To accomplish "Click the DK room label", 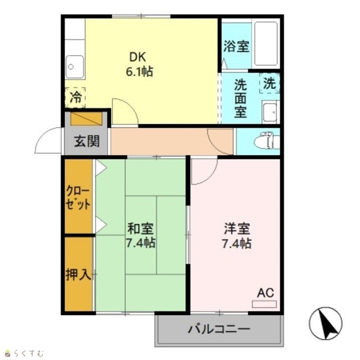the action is pyautogui.click(x=138, y=57).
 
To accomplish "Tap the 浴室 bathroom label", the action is pyautogui.click(x=236, y=46).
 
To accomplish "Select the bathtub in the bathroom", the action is pyautogui.click(x=266, y=44).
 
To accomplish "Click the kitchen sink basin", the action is pyautogui.click(x=75, y=67).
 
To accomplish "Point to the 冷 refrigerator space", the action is pyautogui.click(x=75, y=97).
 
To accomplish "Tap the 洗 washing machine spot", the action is pyautogui.click(x=269, y=83).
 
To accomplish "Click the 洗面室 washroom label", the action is pyautogui.click(x=240, y=98).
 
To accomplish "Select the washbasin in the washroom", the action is pyautogui.click(x=271, y=112).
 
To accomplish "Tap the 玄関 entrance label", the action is pyautogui.click(x=87, y=141).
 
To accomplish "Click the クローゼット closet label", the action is pyautogui.click(x=78, y=197).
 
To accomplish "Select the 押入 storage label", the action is pyautogui.click(x=79, y=274).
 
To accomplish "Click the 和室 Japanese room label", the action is pyautogui.click(x=141, y=228).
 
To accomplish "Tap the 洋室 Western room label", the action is pyautogui.click(x=237, y=229).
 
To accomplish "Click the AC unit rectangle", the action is pyautogui.click(x=264, y=304).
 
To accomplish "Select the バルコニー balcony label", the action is pyautogui.click(x=219, y=329).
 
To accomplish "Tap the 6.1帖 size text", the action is pyautogui.click(x=139, y=71).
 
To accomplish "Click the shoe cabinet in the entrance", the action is pyautogui.click(x=86, y=119).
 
